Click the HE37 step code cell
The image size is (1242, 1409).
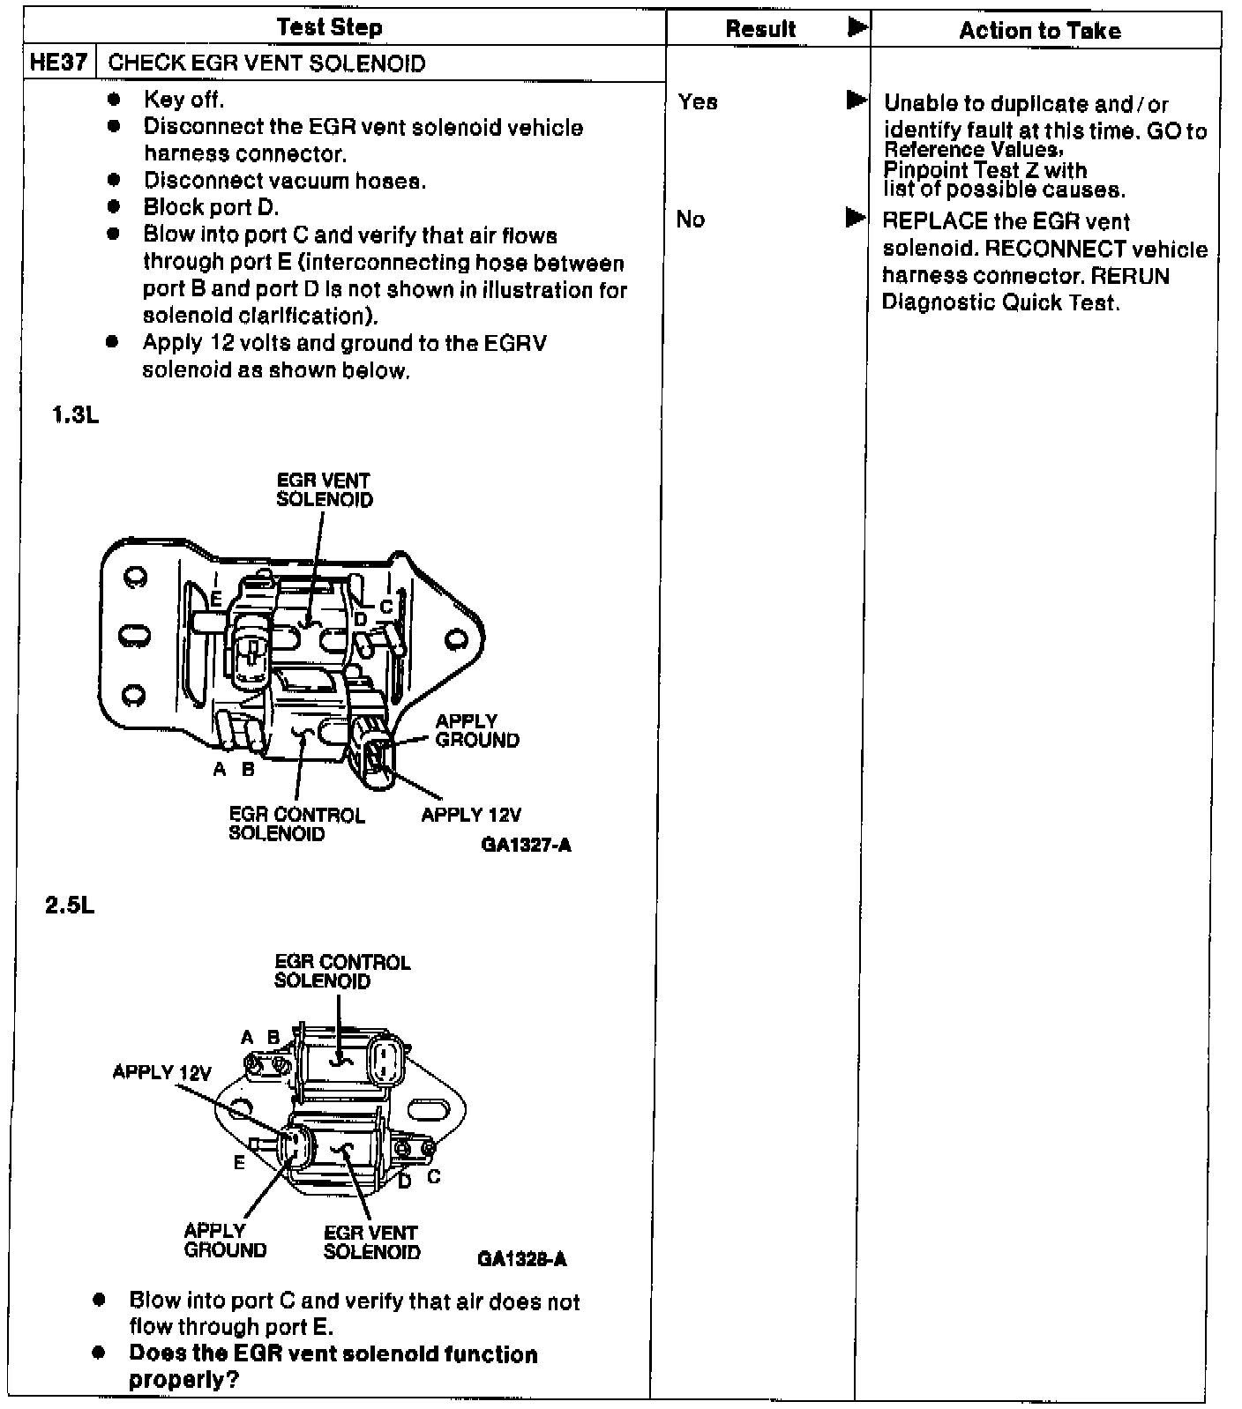point(58,63)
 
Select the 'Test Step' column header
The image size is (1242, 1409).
point(329,27)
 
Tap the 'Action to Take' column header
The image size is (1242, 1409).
point(1039,31)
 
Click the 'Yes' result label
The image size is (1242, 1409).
point(698,102)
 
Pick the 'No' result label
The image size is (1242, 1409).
point(691,220)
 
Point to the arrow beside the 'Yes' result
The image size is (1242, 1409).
point(856,100)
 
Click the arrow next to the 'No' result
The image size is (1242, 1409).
point(856,217)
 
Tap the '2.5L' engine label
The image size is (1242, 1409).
point(70,906)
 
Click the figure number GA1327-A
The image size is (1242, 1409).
point(526,846)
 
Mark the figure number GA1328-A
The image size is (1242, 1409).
point(522,1259)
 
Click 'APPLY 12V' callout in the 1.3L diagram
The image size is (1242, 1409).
point(471,815)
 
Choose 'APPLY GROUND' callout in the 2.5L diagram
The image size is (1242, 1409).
point(225,1241)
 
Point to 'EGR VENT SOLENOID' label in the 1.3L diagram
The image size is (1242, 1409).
point(325,490)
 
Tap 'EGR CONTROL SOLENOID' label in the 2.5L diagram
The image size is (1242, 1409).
point(342,972)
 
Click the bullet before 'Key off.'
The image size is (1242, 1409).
point(114,99)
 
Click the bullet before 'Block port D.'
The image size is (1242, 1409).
point(114,208)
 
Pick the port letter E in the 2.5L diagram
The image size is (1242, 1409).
point(239,1163)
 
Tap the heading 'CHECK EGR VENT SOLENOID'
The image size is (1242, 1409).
point(266,63)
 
